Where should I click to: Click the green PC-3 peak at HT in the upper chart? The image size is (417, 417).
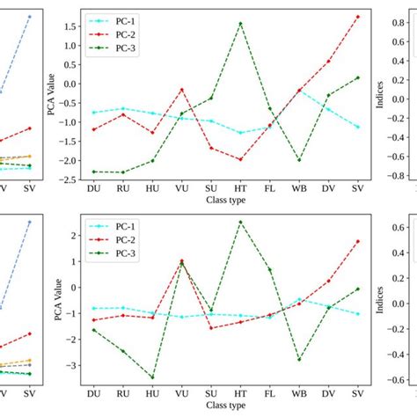[x=240, y=24]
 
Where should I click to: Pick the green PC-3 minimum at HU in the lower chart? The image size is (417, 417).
[x=152, y=377]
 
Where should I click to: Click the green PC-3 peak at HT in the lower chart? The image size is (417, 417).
[x=240, y=222]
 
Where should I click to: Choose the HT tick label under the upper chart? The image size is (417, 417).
[x=240, y=189]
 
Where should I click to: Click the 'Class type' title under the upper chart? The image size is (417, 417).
[x=225, y=201]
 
